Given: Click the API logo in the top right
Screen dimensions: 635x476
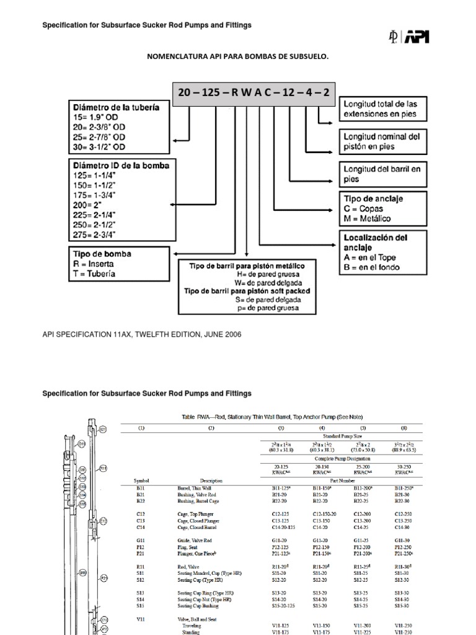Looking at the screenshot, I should (408, 37).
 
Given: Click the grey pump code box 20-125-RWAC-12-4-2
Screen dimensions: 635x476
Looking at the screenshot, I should (253, 93).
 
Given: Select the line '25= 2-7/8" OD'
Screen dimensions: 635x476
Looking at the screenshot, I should (99, 136).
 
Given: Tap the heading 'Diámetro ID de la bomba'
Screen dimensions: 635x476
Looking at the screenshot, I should (121, 166).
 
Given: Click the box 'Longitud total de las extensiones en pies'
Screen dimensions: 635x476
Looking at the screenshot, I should (384, 109).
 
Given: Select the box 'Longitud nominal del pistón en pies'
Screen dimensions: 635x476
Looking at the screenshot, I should (384, 141).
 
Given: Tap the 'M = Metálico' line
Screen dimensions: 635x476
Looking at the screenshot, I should (368, 218).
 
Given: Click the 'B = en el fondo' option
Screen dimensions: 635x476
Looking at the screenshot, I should (372, 268).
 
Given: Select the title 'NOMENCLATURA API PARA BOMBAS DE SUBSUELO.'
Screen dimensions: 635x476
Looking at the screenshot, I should (237, 56).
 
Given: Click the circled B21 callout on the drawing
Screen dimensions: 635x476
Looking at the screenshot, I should (103, 429).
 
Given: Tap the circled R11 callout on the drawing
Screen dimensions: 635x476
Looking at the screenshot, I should (104, 468).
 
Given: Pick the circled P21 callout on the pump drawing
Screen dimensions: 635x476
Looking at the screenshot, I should (105, 578).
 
